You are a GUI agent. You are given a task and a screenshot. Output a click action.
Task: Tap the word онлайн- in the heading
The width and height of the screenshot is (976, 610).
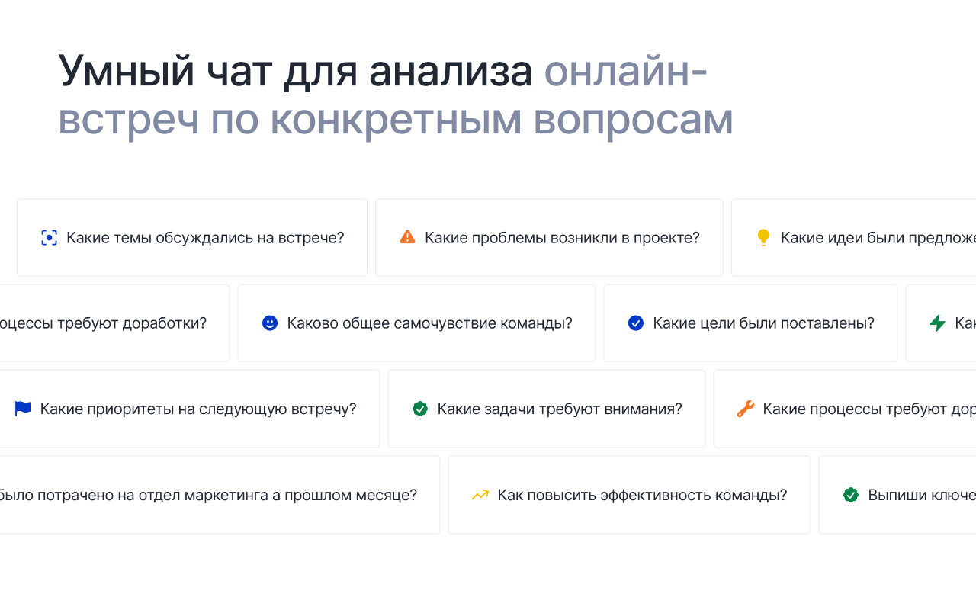[x=625, y=72]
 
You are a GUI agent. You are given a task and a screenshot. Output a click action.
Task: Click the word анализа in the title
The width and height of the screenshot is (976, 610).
[x=450, y=72]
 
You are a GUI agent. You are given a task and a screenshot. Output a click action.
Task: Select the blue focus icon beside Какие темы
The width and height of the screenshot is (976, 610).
[x=49, y=238]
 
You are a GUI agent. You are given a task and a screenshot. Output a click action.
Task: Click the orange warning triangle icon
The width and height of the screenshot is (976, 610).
[x=407, y=237]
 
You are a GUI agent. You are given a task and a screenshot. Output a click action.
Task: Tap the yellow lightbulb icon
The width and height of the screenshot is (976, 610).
[x=763, y=237]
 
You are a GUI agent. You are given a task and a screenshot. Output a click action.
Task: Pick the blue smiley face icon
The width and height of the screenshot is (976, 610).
[x=270, y=323]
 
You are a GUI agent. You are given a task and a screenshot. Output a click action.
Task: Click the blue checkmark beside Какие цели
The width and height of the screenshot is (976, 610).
[x=636, y=323]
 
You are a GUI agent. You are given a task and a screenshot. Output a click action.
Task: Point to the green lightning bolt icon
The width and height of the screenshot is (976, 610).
[x=938, y=323]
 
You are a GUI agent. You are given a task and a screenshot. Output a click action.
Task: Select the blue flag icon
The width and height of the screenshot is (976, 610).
[x=23, y=409]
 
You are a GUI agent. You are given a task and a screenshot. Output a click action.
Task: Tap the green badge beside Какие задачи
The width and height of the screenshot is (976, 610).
[x=420, y=409]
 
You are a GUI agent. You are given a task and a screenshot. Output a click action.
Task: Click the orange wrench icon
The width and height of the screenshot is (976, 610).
[x=745, y=409]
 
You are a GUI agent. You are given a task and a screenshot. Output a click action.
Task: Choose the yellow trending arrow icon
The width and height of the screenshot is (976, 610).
[x=480, y=495]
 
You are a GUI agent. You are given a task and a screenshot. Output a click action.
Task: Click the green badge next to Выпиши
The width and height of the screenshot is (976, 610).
[x=851, y=495]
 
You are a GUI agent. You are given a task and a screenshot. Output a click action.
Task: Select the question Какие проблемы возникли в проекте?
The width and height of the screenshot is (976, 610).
[x=562, y=238]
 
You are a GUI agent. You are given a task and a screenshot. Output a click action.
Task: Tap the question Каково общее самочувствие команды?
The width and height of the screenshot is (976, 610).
[x=429, y=323]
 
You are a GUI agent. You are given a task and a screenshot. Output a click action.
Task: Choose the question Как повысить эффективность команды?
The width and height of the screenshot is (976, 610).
[x=642, y=495]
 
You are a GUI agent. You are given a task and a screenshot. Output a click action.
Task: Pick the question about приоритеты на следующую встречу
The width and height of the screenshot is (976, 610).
[x=198, y=409]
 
